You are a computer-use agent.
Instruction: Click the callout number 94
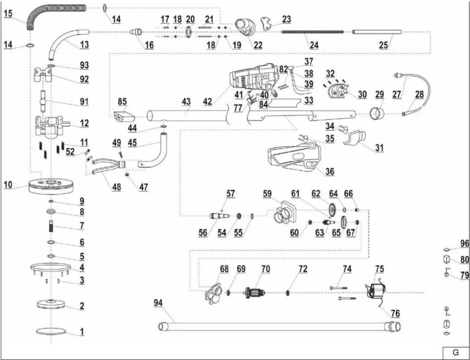(x=158, y=303)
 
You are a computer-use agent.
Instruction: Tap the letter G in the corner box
(x=456, y=352)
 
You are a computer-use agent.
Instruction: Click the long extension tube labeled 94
(x=279, y=327)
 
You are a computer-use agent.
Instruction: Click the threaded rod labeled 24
(x=313, y=32)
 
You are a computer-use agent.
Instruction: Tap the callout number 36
(x=330, y=171)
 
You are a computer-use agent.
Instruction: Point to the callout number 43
(x=186, y=102)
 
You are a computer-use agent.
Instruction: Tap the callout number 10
(x=8, y=185)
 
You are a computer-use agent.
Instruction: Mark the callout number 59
(x=267, y=194)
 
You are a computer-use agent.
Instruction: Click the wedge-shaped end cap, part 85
(x=124, y=117)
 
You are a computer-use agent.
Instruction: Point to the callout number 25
(x=383, y=45)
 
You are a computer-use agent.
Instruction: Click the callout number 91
(x=84, y=102)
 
